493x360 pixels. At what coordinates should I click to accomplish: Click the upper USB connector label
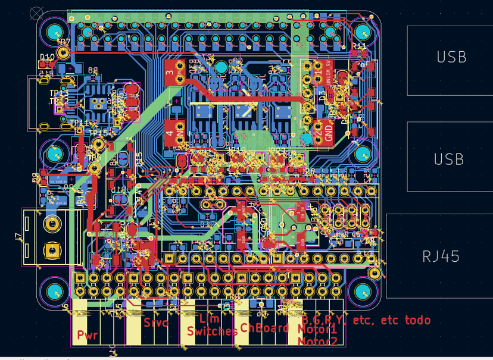pos(451,58)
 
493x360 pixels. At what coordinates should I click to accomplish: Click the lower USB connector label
pos(451,159)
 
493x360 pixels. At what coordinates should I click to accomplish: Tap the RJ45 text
pos(441,256)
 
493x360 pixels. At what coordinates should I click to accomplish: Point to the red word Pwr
pos(88,335)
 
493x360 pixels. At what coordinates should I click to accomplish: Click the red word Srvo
pos(157,323)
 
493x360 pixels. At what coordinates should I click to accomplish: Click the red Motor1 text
pos(317,330)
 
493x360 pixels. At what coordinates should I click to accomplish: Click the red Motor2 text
pos(317,342)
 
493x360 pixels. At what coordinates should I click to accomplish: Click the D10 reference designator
pos(47,57)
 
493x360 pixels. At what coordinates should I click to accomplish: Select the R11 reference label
pos(359,46)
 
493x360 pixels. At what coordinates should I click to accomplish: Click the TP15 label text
pos(98,133)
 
